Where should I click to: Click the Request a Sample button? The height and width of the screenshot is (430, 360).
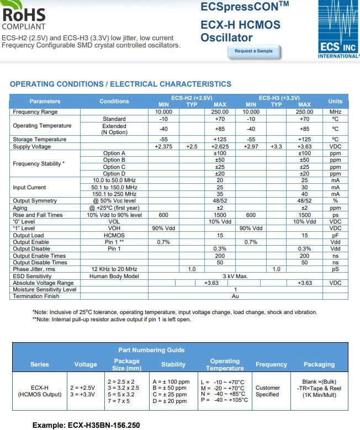pos(253,51)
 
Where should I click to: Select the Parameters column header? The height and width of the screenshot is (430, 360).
pos(45,101)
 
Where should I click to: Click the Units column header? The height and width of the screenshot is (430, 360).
pos(335,101)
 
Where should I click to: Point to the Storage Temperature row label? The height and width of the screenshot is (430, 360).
pos(39,139)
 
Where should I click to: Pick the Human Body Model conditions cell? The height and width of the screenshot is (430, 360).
pos(114,276)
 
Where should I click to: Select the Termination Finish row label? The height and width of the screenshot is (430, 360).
pos(36,296)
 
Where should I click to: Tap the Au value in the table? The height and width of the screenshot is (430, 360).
pos(235,296)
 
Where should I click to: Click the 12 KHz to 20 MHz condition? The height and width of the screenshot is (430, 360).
pos(114,269)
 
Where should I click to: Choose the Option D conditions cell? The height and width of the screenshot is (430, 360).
pos(114,174)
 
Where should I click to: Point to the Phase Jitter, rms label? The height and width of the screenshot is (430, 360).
pos(34,269)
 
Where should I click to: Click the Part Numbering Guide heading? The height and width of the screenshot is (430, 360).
pos(151,350)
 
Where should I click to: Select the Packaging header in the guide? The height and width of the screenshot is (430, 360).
pos(319,364)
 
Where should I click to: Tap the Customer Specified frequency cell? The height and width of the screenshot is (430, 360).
pos(267,391)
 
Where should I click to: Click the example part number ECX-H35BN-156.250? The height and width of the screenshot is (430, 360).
pos(86,426)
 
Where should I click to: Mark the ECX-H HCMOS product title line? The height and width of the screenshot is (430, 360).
pos(240,25)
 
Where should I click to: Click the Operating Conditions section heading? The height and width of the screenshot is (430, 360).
pos(120,84)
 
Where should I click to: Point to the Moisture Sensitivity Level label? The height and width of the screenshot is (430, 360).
pos(44,290)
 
